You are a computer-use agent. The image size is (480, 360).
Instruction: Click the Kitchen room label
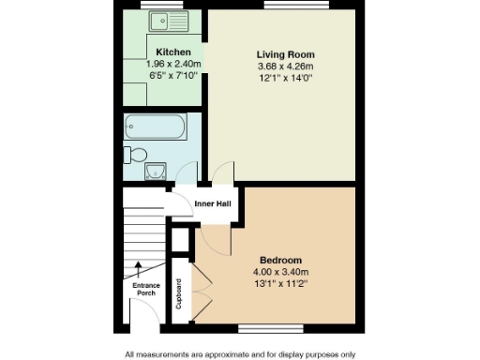[173, 52]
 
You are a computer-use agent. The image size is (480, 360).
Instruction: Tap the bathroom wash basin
[155, 171]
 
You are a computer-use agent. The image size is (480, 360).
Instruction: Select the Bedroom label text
[280, 260]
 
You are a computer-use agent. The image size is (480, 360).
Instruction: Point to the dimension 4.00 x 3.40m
[280, 271]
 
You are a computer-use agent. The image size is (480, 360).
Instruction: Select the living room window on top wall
[282, 6]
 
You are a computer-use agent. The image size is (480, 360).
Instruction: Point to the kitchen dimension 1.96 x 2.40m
[173, 63]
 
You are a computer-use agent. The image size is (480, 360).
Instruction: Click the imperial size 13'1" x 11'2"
[280, 282]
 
